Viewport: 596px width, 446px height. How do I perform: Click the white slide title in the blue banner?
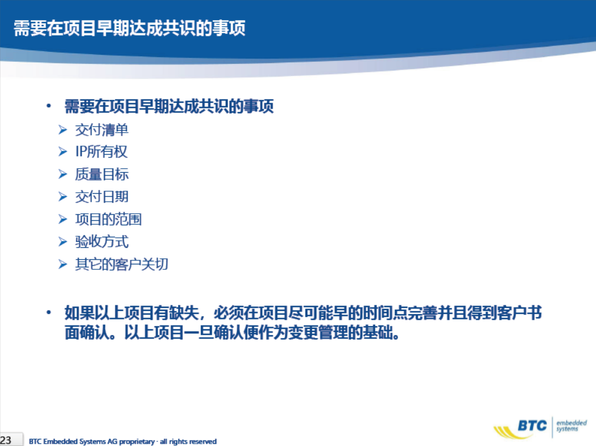pyautogui.click(x=129, y=28)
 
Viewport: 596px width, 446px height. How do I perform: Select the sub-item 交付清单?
pyautogui.click(x=101, y=130)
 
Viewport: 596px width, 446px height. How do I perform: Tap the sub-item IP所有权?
pyautogui.click(x=101, y=152)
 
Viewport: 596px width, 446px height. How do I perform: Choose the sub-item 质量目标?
pyautogui.click(x=101, y=174)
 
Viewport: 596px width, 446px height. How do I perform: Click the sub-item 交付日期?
pyautogui.click(x=101, y=197)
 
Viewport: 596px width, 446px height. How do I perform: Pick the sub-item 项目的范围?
pyautogui.click(x=108, y=219)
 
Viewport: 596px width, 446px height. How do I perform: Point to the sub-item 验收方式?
pyautogui.click(x=101, y=241)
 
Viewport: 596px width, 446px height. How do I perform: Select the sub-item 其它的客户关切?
pyautogui.click(x=121, y=264)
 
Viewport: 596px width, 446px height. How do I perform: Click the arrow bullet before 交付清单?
pyautogui.click(x=63, y=130)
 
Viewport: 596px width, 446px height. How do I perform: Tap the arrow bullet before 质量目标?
pyautogui.click(x=63, y=175)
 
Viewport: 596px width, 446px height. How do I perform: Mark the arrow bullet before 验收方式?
pyautogui.click(x=63, y=242)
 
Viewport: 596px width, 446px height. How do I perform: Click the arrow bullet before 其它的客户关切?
pyautogui.click(x=63, y=264)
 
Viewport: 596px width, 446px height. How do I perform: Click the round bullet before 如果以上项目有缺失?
pyautogui.click(x=48, y=313)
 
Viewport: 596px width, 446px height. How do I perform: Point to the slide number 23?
pyautogui.click(x=6, y=440)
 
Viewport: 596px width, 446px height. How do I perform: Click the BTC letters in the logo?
pyautogui.click(x=532, y=425)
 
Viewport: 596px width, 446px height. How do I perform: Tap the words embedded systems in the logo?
pyautogui.click(x=571, y=425)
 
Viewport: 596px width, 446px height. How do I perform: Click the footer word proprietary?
pyautogui.click(x=137, y=441)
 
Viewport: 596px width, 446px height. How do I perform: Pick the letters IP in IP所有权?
pyautogui.click(x=80, y=152)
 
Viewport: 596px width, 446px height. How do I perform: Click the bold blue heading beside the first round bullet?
pyautogui.click(x=169, y=106)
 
